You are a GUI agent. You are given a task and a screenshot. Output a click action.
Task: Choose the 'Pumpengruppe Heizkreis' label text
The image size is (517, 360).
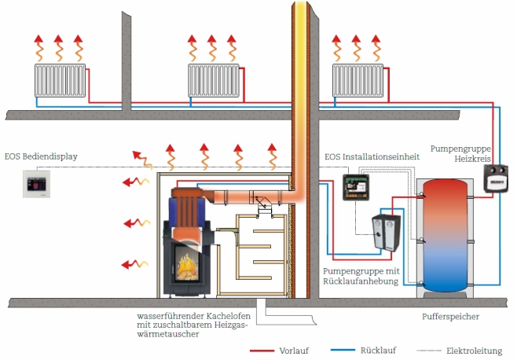coord(460,154)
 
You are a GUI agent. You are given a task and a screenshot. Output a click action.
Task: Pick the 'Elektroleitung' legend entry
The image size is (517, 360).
coord(474,351)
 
